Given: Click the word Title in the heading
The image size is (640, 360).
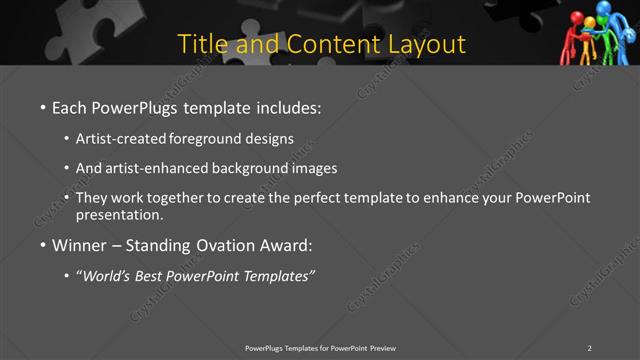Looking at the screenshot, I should [202, 45].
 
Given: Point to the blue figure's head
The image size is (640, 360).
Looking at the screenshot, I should [603, 9].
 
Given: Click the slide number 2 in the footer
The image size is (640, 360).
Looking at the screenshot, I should [589, 347].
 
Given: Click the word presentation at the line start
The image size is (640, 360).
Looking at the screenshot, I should [119, 214].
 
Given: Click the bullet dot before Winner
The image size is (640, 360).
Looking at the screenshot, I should [43, 245].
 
